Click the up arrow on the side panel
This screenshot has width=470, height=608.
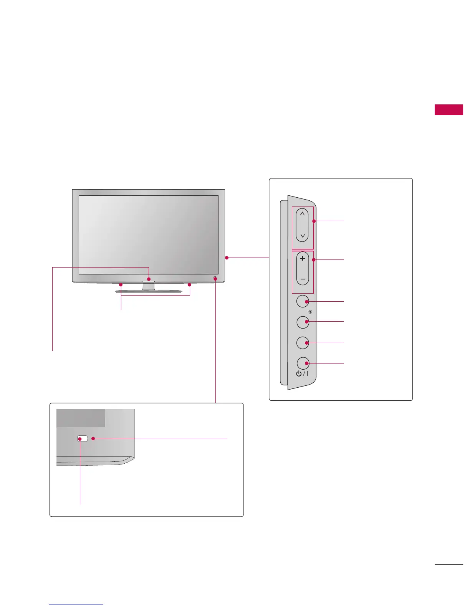pyautogui.click(x=302, y=213)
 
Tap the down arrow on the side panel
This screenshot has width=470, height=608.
pyautogui.click(x=302, y=236)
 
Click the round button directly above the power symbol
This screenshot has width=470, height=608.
pyautogui.click(x=303, y=342)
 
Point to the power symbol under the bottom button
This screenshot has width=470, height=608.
pyautogui.click(x=299, y=373)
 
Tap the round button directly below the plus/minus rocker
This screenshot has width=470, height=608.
pyautogui.click(x=303, y=301)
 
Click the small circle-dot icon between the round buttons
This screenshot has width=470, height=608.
pyautogui.click(x=310, y=312)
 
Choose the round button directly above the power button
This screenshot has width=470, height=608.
pyautogui.click(x=303, y=342)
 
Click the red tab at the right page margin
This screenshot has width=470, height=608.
pyautogui.click(x=448, y=109)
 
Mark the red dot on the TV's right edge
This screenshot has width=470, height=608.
pyautogui.click(x=227, y=258)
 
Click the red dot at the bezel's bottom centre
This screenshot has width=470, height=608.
pyautogui.click(x=149, y=279)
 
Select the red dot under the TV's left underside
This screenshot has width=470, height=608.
pyautogui.click(x=121, y=285)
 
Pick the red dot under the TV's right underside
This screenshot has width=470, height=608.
pyautogui.click(x=189, y=285)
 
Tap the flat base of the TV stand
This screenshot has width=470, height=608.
pyautogui.click(x=148, y=292)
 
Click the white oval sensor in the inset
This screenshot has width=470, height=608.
pyautogui.click(x=82, y=438)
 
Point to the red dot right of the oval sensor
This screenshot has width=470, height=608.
pyautogui.click(x=93, y=438)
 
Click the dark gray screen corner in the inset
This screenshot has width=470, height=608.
pyautogui.click(x=81, y=418)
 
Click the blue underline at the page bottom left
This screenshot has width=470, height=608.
pyautogui.click(x=76, y=605)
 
